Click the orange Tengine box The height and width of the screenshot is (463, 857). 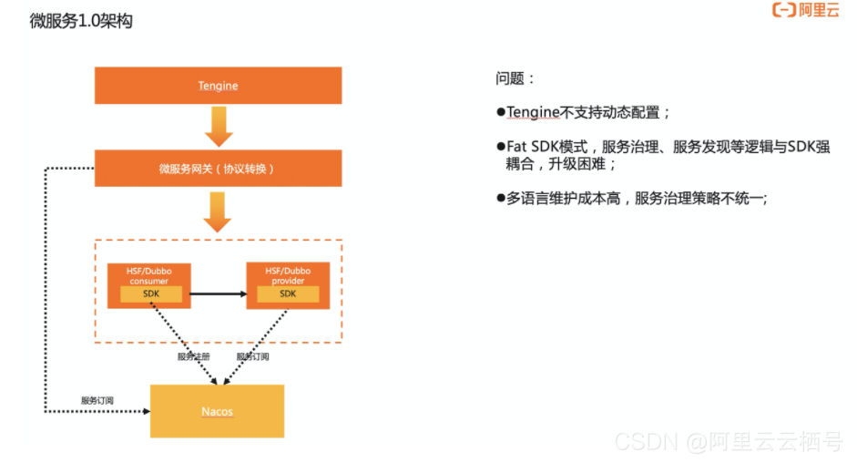pos(218,86)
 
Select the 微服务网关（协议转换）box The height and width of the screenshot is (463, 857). pos(218,169)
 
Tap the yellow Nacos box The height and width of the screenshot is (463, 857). pos(217,411)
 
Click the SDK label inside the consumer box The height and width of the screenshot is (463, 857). pos(149,293)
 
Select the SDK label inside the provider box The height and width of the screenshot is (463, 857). pos(288,293)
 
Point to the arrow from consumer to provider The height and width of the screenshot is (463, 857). pos(219,293)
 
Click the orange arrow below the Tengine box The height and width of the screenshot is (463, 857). pos(219,126)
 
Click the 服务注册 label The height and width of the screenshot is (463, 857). pos(194,356)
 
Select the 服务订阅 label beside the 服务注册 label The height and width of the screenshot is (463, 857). pos(252,356)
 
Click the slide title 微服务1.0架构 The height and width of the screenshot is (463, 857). pos(81,21)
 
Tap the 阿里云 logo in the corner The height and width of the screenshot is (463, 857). pos(805,11)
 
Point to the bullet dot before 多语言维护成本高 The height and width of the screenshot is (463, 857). pos(501,197)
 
